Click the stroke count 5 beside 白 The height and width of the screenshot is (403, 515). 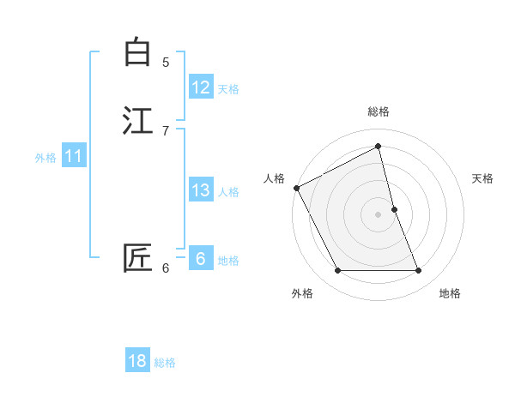(x=166, y=63)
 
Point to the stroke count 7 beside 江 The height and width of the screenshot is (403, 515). (x=166, y=131)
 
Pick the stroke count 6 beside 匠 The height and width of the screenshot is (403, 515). (x=166, y=268)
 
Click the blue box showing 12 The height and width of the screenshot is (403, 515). (x=201, y=87)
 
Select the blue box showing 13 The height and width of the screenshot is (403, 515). (x=201, y=190)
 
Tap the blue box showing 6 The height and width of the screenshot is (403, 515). (x=201, y=259)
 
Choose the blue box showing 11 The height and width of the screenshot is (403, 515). (x=74, y=156)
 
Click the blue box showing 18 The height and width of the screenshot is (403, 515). (x=137, y=361)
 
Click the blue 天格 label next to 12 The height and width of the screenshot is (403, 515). (x=228, y=89)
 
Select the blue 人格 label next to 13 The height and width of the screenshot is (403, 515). (x=228, y=192)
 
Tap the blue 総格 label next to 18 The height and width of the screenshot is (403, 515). (x=165, y=363)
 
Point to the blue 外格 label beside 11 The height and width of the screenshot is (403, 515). (x=45, y=158)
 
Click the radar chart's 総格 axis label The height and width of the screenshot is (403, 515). (x=379, y=111)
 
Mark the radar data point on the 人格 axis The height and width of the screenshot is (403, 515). (x=296, y=188)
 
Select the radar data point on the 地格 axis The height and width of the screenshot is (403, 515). (x=418, y=271)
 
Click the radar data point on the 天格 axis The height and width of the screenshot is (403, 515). (x=394, y=209)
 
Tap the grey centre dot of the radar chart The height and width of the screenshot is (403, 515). (x=379, y=214)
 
